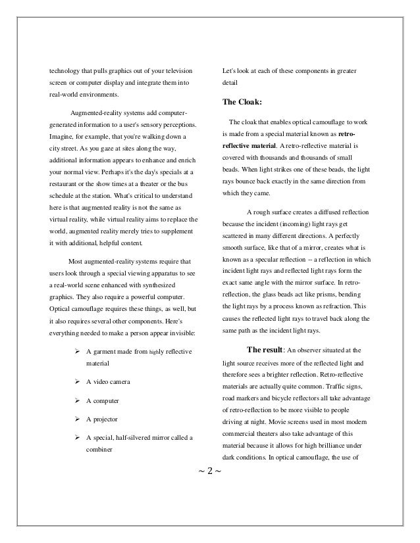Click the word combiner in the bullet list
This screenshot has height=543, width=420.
pyautogui.click(x=99, y=450)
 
